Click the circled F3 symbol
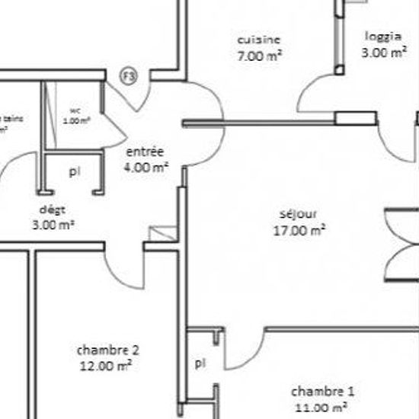tap(130, 75)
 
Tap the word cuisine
tap(259, 40)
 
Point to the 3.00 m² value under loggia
tap(383, 53)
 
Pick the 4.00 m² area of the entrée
tap(147, 168)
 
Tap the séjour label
tap(299, 214)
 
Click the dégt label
tap(53, 209)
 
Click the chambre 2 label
tap(108, 350)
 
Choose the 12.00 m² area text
tap(107, 366)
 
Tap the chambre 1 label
tap(323, 392)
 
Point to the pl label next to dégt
tap(74, 172)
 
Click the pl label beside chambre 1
tap(199, 363)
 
